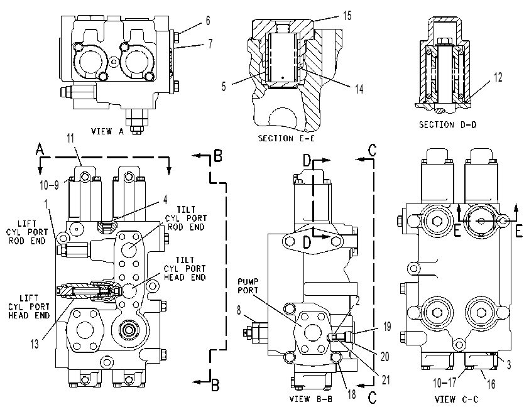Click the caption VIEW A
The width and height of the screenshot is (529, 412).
click(x=107, y=131)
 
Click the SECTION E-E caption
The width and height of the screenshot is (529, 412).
click(x=286, y=138)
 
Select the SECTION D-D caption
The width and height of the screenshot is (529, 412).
click(x=448, y=125)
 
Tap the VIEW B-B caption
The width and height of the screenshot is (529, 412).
click(x=311, y=399)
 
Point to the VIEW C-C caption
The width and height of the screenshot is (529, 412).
click(x=457, y=399)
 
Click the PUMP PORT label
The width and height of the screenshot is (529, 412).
click(x=248, y=286)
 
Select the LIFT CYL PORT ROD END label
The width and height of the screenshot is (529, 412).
click(x=27, y=232)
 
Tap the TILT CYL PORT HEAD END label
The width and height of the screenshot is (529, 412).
click(x=185, y=269)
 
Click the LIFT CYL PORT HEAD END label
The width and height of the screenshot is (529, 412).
click(x=29, y=306)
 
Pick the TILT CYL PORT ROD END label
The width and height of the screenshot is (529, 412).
click(x=186, y=218)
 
